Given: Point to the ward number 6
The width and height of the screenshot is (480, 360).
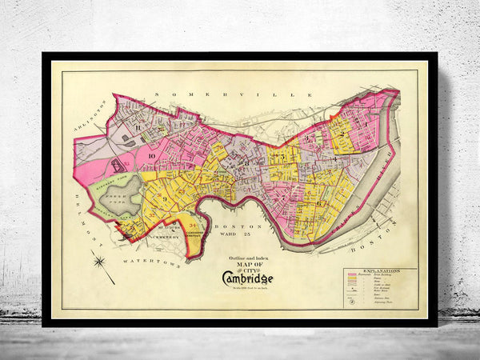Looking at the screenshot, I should [x=319, y=203].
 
